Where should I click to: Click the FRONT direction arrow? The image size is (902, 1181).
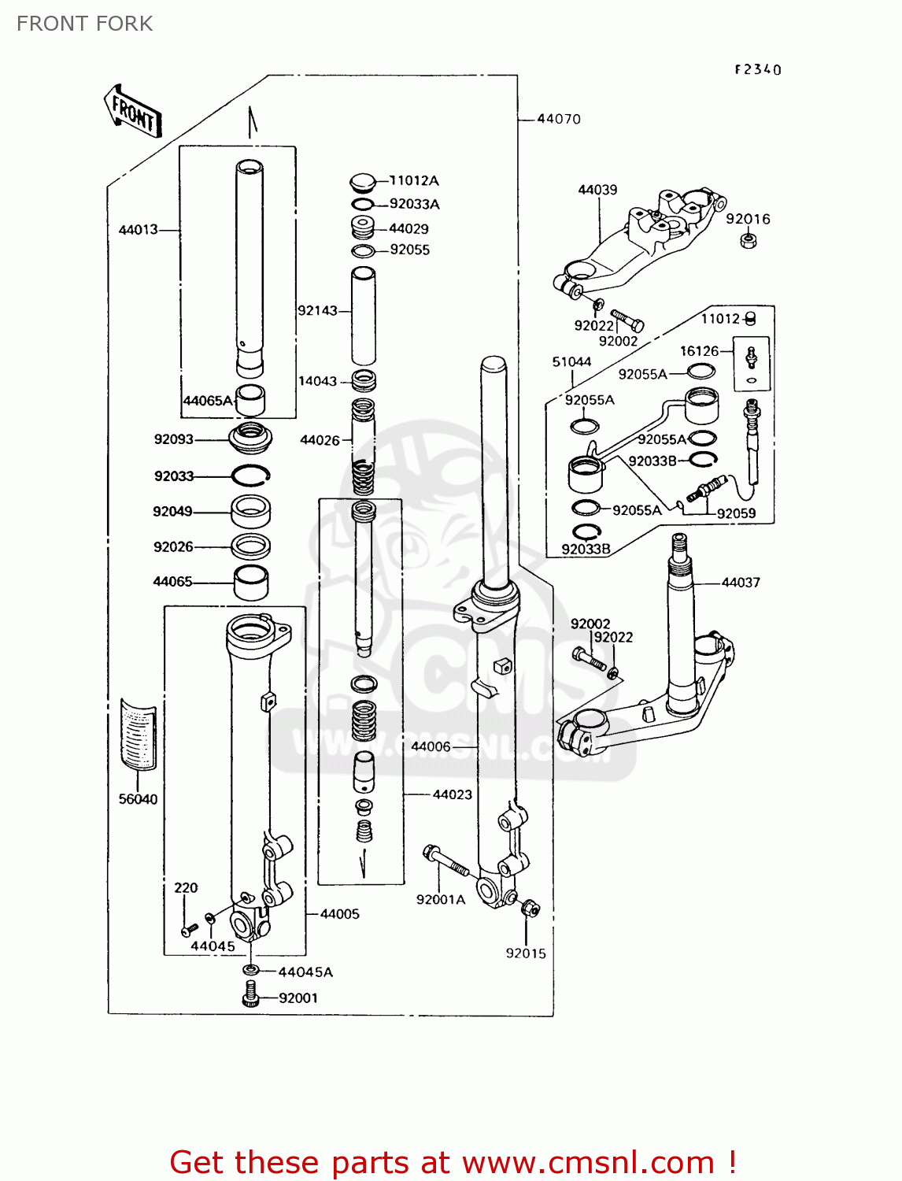coord(133,112)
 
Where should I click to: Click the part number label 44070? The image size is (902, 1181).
coord(558,119)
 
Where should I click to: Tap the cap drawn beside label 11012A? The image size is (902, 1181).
coord(363,183)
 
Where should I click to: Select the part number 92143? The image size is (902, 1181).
coord(317,310)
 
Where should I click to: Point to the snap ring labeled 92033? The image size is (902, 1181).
coord(250,475)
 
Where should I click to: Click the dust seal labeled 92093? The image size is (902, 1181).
coord(250,437)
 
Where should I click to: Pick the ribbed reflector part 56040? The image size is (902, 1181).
coord(138,733)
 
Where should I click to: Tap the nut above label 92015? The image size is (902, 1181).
coord(530,909)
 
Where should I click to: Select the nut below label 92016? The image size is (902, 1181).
coord(749,240)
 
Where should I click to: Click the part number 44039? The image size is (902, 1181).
coord(597,190)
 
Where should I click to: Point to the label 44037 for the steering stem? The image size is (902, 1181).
coord(741,583)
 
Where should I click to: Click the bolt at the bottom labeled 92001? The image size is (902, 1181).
coord(251,994)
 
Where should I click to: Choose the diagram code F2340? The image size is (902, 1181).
coord(758,69)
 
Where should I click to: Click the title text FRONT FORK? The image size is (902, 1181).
coord(84,24)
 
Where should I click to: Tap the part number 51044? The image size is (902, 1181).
coord(571,362)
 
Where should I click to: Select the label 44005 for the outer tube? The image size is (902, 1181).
coord(340,914)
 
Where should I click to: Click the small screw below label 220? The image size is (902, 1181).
coord(187,931)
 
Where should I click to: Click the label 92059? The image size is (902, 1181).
coord(736,513)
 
